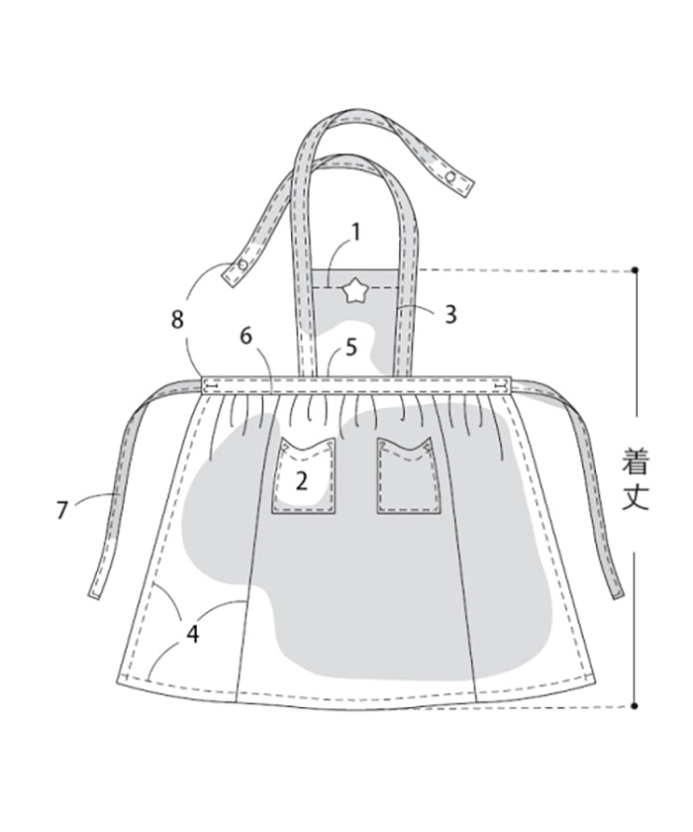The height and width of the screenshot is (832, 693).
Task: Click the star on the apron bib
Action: [352, 292]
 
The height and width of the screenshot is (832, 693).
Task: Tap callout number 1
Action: [355, 232]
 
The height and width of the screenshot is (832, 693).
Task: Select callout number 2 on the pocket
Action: [301, 480]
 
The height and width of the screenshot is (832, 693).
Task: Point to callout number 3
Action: [450, 314]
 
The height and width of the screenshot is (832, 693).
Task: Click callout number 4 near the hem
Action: [192, 634]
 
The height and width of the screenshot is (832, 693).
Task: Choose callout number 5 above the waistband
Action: [351, 348]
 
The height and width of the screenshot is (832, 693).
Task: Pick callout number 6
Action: [246, 336]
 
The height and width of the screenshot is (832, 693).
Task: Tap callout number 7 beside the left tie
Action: [62, 510]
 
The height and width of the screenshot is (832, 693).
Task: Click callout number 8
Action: [177, 319]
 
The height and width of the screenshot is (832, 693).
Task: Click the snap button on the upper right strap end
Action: [451, 177]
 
